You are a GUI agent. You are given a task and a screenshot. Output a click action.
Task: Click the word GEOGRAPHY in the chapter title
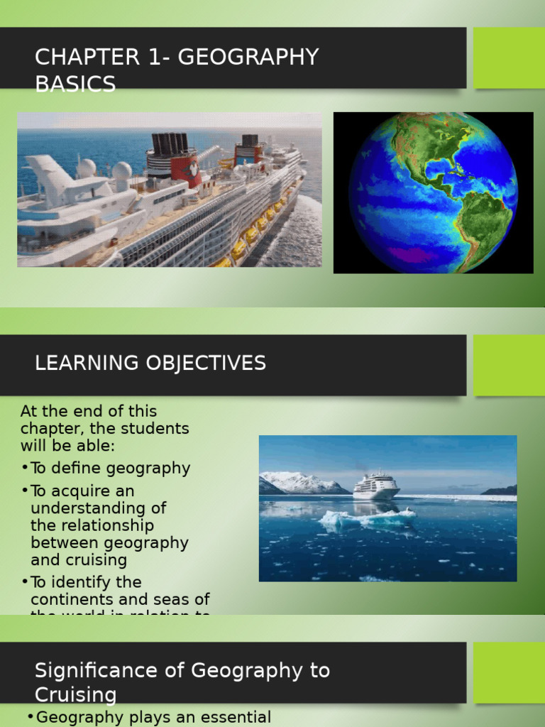(x=248, y=58)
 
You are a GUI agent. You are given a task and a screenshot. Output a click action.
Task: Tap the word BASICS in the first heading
(x=75, y=84)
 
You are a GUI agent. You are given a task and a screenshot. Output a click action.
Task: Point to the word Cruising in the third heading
(x=76, y=694)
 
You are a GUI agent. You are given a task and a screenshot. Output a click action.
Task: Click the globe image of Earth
(x=433, y=192)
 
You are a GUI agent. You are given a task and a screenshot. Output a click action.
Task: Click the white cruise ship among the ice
(x=376, y=486)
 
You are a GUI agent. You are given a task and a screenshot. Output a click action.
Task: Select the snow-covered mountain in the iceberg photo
(x=302, y=483)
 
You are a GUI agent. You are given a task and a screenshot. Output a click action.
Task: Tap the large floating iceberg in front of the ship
(x=365, y=518)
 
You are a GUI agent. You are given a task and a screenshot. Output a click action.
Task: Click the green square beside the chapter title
(x=509, y=58)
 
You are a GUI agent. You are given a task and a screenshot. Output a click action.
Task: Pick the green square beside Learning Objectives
(x=509, y=365)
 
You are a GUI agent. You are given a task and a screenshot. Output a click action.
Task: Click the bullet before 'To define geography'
(x=25, y=468)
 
